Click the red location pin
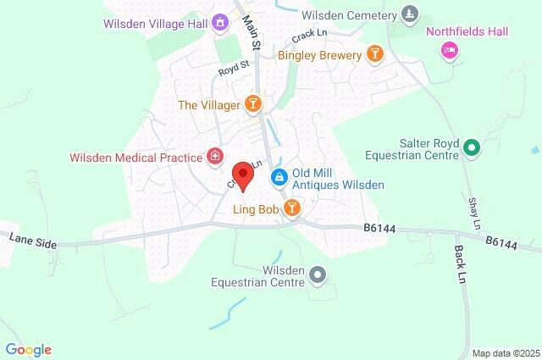[244, 176]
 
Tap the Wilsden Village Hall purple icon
[221, 23]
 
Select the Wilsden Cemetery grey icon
[410, 15]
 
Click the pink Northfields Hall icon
[449, 51]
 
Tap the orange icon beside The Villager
[252, 104]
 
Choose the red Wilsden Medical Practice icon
[216, 157]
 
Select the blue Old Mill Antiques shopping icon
[278, 177]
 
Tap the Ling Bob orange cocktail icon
[292, 208]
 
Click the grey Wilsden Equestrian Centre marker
[318, 275]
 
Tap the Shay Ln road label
[473, 213]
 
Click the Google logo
[28, 349]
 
